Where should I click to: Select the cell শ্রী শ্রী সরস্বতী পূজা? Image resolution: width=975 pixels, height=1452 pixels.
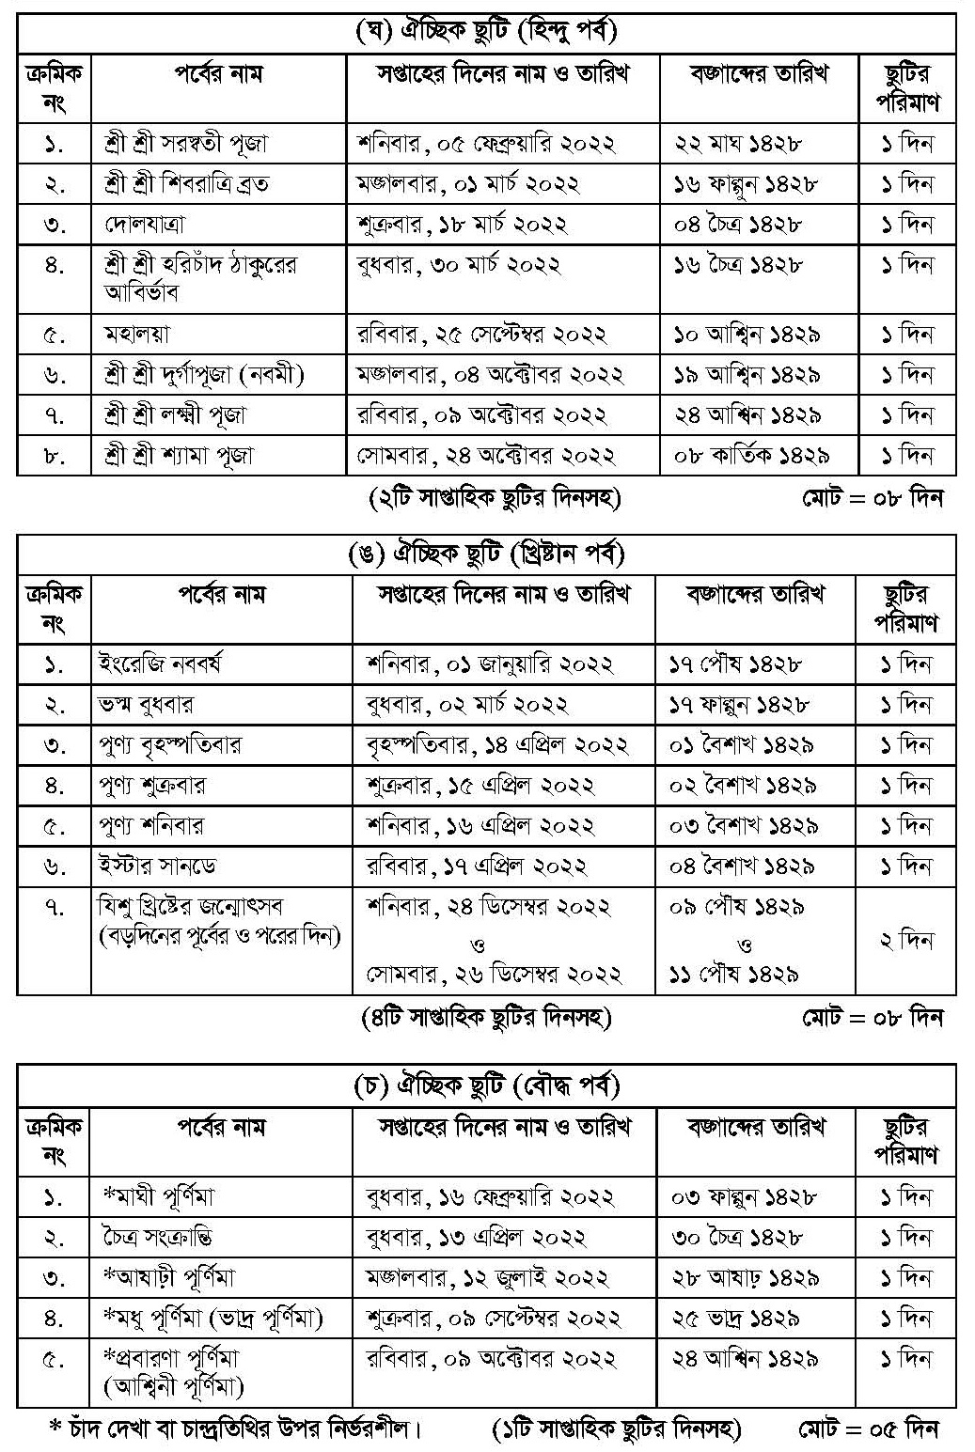187,144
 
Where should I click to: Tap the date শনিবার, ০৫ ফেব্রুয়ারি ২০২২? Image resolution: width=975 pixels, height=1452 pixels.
486,144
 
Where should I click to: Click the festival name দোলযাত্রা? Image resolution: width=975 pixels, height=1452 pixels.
146,225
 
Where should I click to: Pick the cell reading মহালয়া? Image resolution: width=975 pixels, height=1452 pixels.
137,334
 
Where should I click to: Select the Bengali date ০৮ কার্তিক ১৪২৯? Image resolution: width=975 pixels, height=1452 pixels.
751,456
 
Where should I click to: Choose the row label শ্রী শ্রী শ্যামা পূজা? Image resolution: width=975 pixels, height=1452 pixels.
179,456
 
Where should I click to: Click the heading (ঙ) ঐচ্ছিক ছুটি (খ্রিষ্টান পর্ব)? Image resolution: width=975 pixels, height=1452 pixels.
486,554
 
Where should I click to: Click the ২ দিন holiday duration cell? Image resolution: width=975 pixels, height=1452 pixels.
905,940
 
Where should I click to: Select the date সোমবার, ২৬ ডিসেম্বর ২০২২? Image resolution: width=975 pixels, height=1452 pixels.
494,974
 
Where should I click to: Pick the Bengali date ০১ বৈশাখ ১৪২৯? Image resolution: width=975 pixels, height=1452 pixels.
743,745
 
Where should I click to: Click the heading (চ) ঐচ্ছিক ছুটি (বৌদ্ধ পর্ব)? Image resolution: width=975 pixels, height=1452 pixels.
486,1086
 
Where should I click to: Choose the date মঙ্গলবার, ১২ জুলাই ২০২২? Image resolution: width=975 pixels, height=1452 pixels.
488,1277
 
